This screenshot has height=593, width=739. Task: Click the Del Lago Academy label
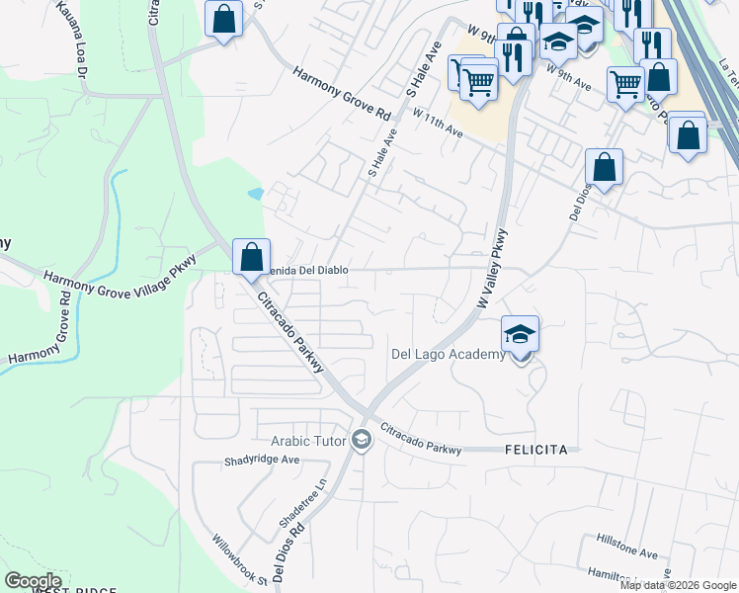coord(448,355)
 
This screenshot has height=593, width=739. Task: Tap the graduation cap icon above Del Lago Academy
coord(520,333)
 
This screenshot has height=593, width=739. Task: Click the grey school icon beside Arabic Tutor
coord(362,440)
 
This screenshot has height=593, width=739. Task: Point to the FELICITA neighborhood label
coord(534,450)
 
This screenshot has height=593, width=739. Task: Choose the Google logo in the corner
coord(33,581)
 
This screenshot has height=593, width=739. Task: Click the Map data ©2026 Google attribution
coord(678,585)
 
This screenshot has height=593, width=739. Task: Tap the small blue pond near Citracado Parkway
coord(257,194)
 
